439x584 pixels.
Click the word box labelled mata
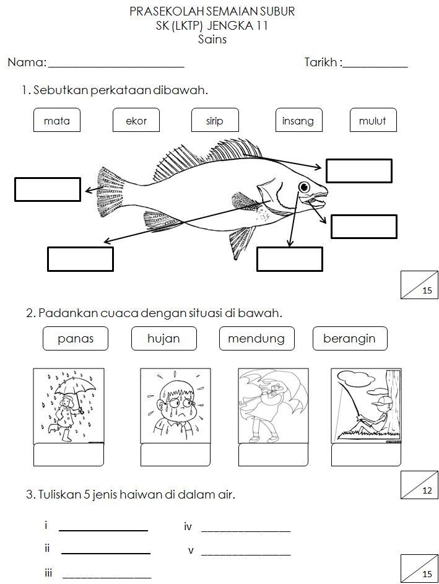click(56, 121)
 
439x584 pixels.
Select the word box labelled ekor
click(136, 121)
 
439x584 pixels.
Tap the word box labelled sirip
click(215, 121)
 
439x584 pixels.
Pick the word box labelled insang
click(298, 121)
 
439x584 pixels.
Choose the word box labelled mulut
click(373, 121)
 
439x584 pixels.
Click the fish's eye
click(304, 186)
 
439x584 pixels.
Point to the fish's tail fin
click(110, 191)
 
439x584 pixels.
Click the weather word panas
click(76, 339)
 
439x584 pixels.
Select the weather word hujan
click(163, 339)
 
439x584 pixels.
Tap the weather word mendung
click(256, 339)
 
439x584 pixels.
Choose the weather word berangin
click(349, 339)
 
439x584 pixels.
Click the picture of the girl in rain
click(68, 406)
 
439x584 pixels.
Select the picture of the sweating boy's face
click(175, 406)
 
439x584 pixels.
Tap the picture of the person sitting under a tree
click(365, 406)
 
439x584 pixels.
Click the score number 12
click(427, 491)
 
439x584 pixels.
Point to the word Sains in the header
click(212, 40)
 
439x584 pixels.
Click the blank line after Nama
click(116, 64)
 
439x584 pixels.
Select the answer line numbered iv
click(246, 530)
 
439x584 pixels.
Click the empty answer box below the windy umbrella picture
click(273, 455)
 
